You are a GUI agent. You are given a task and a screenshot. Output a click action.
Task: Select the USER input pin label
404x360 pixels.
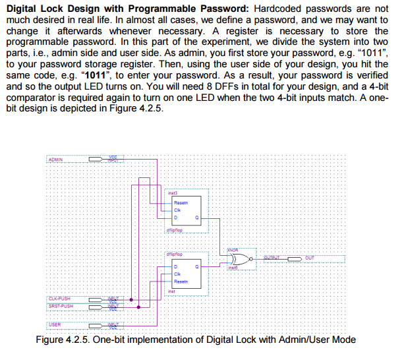pyautogui.click(x=55, y=324)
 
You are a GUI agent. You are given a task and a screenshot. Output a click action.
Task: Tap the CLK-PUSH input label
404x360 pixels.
pyautogui.click(x=60, y=299)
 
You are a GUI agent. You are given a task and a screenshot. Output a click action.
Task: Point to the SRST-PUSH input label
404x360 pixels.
pyautogui.click(x=61, y=306)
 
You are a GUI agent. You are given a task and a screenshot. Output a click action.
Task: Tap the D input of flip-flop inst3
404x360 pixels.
pyautogui.click(x=175, y=217)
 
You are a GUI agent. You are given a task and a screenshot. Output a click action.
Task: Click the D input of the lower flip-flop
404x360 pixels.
pyautogui.click(x=175, y=266)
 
